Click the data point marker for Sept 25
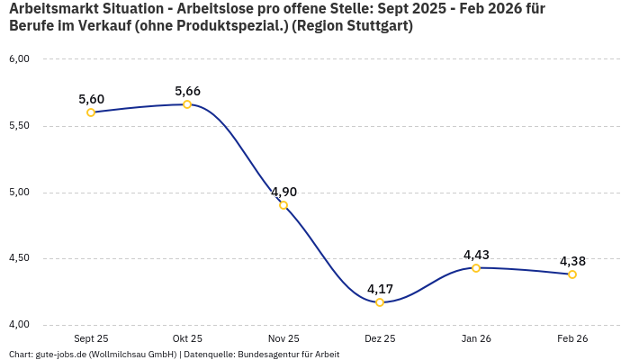pos(91,112)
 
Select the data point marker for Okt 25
pos(187,104)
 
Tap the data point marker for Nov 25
pos(283,205)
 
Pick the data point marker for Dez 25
pos(380,302)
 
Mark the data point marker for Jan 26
pos(476,268)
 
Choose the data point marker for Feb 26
pos(572,274)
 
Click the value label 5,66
pos(187,91)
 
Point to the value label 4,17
pos(380,289)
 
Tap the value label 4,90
pos(283,192)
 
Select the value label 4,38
pos(572,261)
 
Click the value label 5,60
pos(91,99)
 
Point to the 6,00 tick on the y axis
pos(19,59)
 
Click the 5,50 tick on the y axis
pos(19,126)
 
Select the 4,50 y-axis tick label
pos(19,258)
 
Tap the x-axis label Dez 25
pos(380,338)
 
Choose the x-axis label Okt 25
pos(187,338)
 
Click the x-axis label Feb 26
pos(572,338)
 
